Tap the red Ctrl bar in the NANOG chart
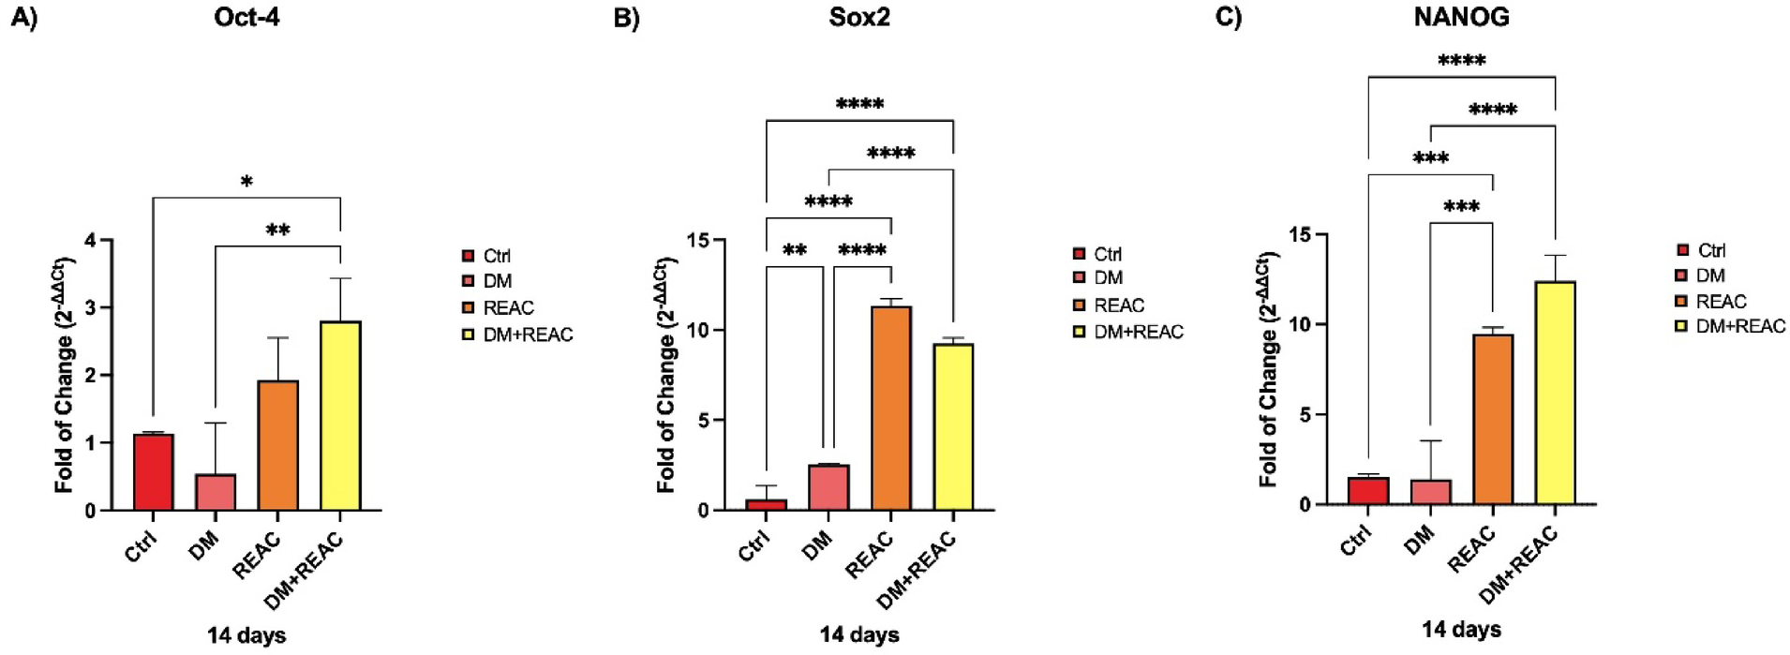click(1368, 490)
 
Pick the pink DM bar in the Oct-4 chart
click(216, 492)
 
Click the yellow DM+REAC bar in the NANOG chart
click(1555, 393)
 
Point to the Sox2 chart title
click(858, 18)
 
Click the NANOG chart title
click(1461, 18)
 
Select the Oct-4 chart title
click(246, 18)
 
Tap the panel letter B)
click(626, 18)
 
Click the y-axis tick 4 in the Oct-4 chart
click(91, 241)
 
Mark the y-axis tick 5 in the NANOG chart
click(1305, 415)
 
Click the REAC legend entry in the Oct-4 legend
click(507, 307)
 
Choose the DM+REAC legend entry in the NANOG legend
click(1739, 326)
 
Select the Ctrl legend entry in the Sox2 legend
click(1107, 254)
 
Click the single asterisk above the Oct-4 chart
click(246, 182)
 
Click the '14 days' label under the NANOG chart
click(1461, 630)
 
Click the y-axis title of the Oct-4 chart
click(64, 375)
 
